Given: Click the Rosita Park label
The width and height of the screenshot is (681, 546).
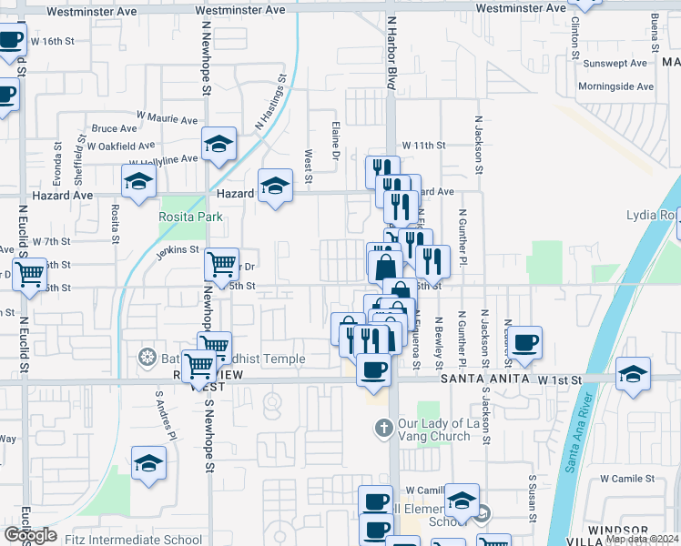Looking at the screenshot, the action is pos(191,217).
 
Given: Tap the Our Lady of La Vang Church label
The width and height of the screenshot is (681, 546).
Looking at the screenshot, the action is pos(434,428).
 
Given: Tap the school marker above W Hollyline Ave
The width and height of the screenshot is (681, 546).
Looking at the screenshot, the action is pos(219,143).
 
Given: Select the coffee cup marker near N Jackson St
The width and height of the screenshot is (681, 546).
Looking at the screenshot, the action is pos(524,342).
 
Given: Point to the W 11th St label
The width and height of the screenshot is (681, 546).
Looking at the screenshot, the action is pos(423,145).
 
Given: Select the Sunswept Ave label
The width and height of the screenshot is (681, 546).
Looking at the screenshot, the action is pos(615,63).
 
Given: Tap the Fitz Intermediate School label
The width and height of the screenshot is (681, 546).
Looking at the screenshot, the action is pos(133,539).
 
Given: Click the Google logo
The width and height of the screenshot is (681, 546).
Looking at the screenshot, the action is pos(31,535).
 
